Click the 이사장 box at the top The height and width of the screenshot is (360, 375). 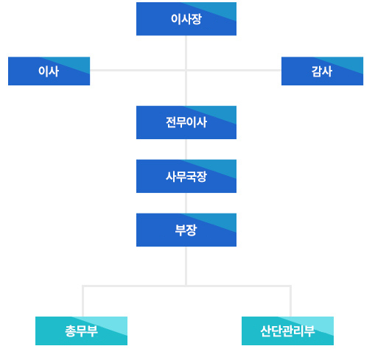pyautogui.click(x=186, y=19)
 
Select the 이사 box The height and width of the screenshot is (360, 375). pyautogui.click(x=49, y=71)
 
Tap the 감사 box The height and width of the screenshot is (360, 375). pyautogui.click(x=322, y=71)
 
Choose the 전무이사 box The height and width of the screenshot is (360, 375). pyautogui.click(x=186, y=122)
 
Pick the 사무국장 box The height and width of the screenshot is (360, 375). pyautogui.click(x=186, y=176)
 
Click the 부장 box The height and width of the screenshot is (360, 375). pyautogui.click(x=186, y=230)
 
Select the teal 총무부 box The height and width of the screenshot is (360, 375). pyautogui.click(x=81, y=331)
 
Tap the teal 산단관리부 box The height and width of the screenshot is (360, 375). pyautogui.click(x=287, y=331)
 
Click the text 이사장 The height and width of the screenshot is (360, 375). pyautogui.click(x=186, y=19)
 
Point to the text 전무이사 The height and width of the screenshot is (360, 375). pyautogui.click(x=186, y=122)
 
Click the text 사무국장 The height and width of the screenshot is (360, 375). pyautogui.click(x=186, y=176)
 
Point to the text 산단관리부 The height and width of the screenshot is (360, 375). pyautogui.click(x=287, y=331)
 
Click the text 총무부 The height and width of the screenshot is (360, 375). pyautogui.click(x=81, y=331)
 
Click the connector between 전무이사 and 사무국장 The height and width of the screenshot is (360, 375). pyautogui.click(x=186, y=149)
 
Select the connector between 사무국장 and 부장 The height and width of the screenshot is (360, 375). pyautogui.click(x=186, y=203)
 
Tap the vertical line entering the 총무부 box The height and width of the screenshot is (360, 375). pyautogui.click(x=83, y=301)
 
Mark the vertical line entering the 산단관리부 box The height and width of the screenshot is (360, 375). pyautogui.click(x=290, y=301)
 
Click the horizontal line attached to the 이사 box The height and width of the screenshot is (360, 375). pyautogui.click(x=138, y=71)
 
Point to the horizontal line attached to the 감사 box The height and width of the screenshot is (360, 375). pyautogui.click(x=234, y=71)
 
